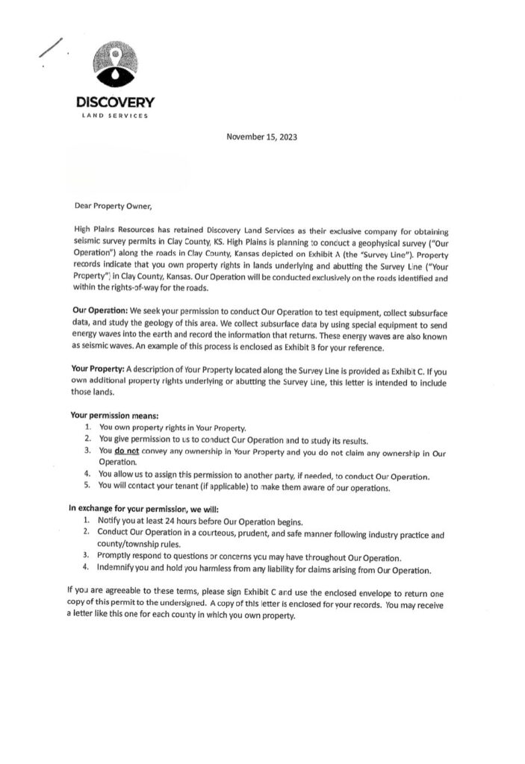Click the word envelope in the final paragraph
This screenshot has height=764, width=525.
click(x=356, y=592)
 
